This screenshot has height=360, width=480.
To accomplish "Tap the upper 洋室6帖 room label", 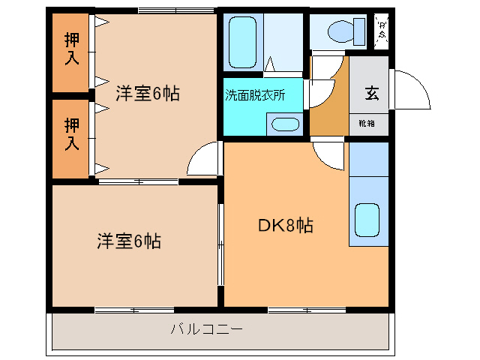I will pos(147,95).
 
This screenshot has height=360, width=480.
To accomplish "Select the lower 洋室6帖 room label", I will pos(128,241).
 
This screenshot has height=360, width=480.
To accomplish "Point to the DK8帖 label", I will pos(286,224).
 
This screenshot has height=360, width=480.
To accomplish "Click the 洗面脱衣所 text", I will pos(254,95).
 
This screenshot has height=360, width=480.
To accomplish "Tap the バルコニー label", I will pos(207,328).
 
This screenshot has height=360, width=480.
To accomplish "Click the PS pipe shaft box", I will pos(382,31).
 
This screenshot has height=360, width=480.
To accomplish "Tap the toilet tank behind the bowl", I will pos(361,31).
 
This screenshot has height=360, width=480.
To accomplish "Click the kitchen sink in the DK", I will pos(368,219).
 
